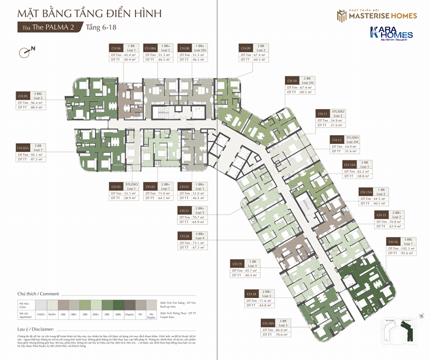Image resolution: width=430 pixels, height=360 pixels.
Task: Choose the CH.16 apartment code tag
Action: tap(392, 242)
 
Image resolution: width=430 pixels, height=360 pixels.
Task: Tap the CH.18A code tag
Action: tap(268, 323)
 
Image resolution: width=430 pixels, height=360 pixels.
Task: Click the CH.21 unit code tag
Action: tap(185, 210)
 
